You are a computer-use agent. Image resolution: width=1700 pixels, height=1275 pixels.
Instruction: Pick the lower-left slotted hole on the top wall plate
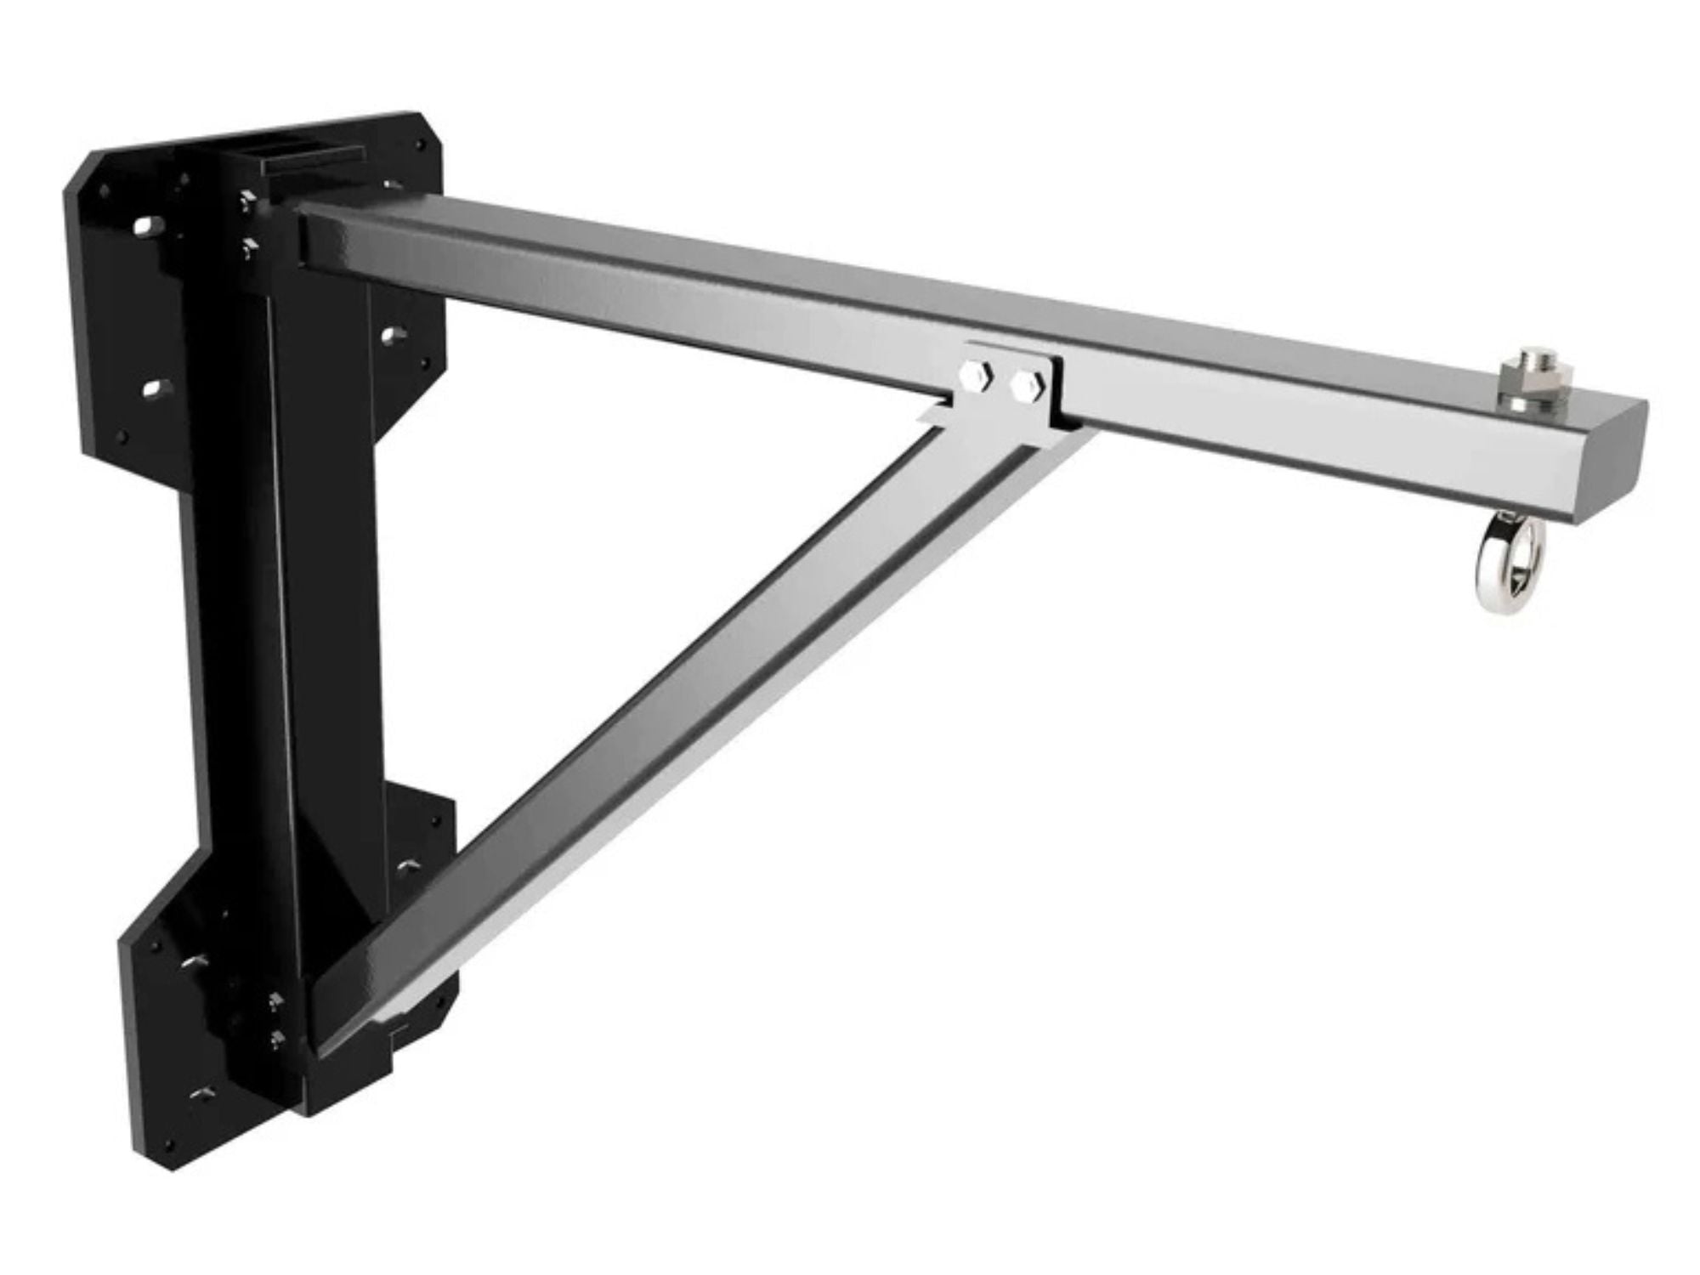[154, 389]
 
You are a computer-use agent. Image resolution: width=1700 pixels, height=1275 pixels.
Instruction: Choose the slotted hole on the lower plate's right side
[411, 868]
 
